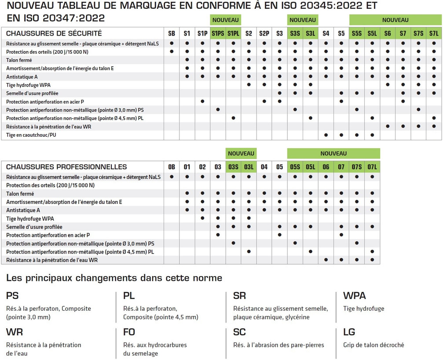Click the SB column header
pyautogui.click(x=172, y=33)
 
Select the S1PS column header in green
pyautogui.click(x=218, y=33)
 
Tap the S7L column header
pyautogui.click(x=434, y=33)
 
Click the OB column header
pyautogui.click(x=172, y=167)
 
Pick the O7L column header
pyautogui.click(x=372, y=167)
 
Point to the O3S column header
pyautogui.click(x=233, y=167)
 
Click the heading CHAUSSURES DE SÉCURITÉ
pyautogui.click(x=54, y=33)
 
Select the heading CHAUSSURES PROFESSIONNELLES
pyautogui.click(x=66, y=167)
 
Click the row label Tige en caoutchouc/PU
pyautogui.click(x=31, y=135)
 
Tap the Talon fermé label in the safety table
pyautogui.click(x=20, y=60)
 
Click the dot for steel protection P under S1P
pyautogui.click(x=202, y=102)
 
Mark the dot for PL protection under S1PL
pyautogui.click(x=233, y=118)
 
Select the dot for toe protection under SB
pyautogui.click(x=172, y=51)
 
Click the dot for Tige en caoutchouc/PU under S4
pyautogui.click(x=326, y=135)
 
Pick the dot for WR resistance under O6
pyautogui.click(x=326, y=260)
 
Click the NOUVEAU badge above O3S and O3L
pyautogui.click(x=241, y=153)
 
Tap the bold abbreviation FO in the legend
pyautogui.click(x=129, y=332)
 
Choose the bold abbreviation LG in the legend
pyautogui.click(x=349, y=332)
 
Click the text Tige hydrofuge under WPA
pyautogui.click(x=363, y=309)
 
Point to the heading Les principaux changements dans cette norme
pyautogui.click(x=114, y=278)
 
